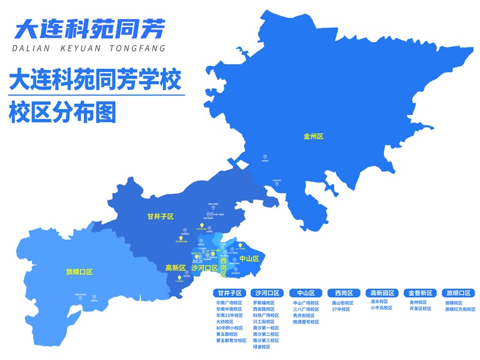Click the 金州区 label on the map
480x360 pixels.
pos(313,137)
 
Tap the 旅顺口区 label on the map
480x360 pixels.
pos(80,272)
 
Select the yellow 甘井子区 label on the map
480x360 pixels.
pos(160,216)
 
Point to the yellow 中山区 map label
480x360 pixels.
pos(248,259)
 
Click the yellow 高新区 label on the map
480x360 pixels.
pos(175,268)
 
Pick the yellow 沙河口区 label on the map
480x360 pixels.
pos(205,268)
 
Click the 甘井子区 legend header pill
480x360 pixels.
pos(230,293)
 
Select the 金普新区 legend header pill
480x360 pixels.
pos(420,293)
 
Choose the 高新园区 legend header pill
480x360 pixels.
pos(381,293)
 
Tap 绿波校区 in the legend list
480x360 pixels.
pos(263,347)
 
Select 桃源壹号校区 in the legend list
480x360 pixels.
pos(305,322)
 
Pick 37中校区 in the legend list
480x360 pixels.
pos(341,309)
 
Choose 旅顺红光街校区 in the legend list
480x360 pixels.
pos(460,309)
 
